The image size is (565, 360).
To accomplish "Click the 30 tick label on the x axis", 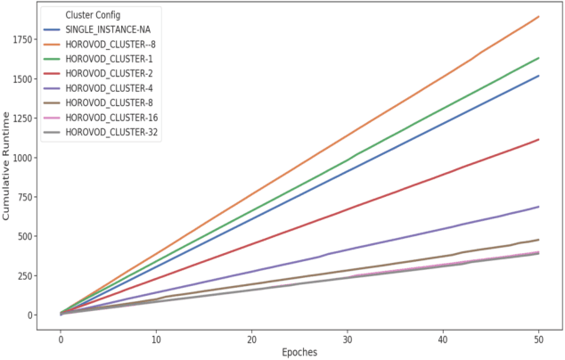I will pos(348,338).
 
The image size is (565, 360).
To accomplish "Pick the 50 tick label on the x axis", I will pos(539,338).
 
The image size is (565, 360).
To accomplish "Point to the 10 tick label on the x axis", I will pos(156,338).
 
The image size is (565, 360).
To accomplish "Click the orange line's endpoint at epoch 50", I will pos(539,17).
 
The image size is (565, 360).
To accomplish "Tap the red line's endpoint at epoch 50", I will pos(539,139).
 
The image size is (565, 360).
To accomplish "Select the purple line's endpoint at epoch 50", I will pos(539,207).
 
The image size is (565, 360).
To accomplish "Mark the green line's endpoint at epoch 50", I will pos(539,58).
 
